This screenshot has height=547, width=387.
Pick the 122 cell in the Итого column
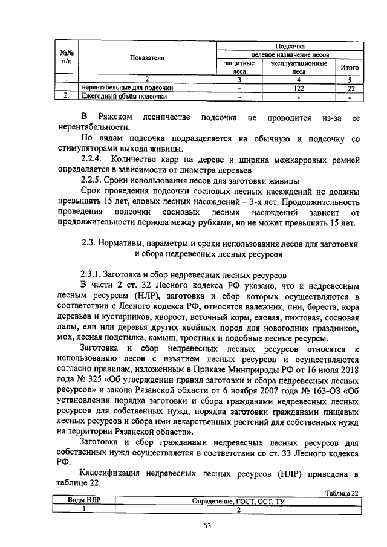click(x=349, y=88)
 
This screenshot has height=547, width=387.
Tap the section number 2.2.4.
click(x=94, y=160)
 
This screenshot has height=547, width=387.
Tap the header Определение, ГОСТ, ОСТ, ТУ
click(x=238, y=501)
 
